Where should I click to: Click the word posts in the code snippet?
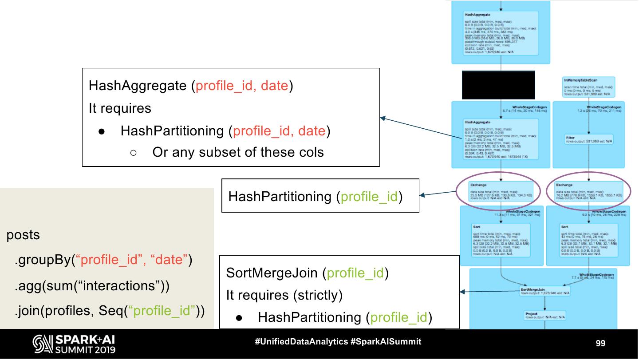(23, 235)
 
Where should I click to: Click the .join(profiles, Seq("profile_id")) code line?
(110, 311)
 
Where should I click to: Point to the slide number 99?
(600, 343)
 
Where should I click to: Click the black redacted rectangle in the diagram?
(498, 85)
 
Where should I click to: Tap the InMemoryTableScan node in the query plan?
(588, 87)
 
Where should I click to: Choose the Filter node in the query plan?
(588, 139)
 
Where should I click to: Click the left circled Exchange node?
(501, 191)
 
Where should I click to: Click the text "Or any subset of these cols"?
(238, 152)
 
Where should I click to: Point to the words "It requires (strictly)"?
(284, 295)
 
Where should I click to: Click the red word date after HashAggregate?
(274, 86)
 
